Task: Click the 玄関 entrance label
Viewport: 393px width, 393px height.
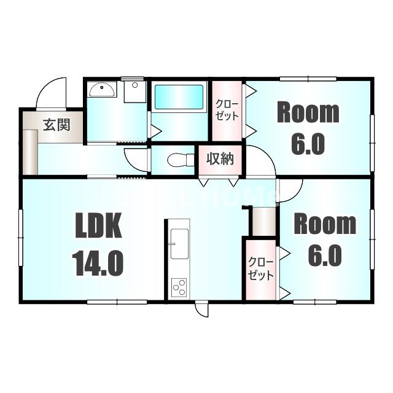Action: (x=55, y=124)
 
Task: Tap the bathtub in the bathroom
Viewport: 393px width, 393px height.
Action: (x=179, y=98)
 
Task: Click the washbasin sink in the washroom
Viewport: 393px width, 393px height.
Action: (x=101, y=91)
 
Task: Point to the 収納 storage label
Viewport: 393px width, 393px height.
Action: (x=220, y=158)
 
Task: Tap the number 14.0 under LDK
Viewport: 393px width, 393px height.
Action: (x=98, y=263)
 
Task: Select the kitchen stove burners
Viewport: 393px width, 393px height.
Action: (x=179, y=287)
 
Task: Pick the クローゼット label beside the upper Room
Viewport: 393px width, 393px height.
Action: (x=227, y=111)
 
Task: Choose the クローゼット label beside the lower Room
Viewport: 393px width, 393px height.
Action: (x=261, y=269)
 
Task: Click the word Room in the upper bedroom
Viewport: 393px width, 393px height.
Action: (x=308, y=113)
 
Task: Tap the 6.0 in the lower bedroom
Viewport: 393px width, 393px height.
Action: (x=324, y=256)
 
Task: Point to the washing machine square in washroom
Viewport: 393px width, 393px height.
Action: (x=134, y=92)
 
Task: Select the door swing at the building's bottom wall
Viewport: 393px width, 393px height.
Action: (x=201, y=309)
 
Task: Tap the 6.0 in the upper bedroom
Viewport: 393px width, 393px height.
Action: (x=308, y=144)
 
